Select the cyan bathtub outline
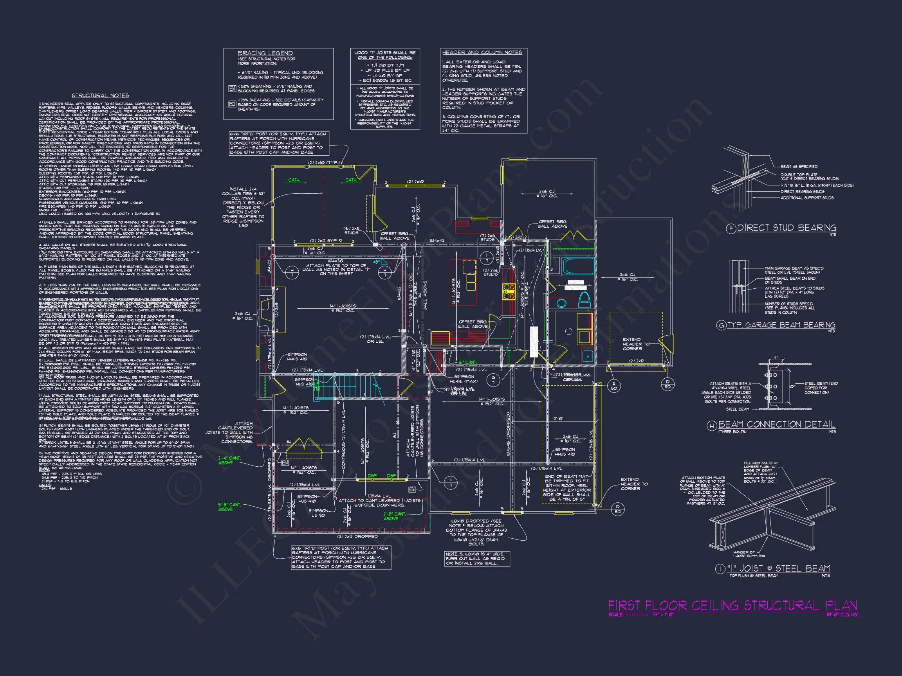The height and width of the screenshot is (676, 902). coord(577,266)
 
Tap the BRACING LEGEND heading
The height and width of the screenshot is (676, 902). coord(265,53)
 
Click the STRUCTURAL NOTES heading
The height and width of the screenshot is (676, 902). coord(100,95)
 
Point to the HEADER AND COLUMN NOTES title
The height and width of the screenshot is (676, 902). coord(482,52)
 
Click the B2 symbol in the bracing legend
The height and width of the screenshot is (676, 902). coord(232,104)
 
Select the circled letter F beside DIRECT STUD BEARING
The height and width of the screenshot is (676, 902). coord(731,228)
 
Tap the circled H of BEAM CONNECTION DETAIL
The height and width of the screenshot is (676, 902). coord(712,426)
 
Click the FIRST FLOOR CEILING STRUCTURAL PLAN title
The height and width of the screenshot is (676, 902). coord(732,606)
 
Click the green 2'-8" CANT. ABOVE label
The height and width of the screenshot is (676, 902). coord(394,516)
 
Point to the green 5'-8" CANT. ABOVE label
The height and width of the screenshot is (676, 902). coord(229,507)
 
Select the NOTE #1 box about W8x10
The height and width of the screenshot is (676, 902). coord(477,559)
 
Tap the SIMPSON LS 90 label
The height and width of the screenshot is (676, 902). coord(318,513)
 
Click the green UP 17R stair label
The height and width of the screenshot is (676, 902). coord(316,386)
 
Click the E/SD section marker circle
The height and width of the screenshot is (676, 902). coord(614,386)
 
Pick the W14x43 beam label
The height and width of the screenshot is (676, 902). coord(438,241)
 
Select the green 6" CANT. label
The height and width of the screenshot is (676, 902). coord(467,362)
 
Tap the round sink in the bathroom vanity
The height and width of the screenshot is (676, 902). coord(561,303)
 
